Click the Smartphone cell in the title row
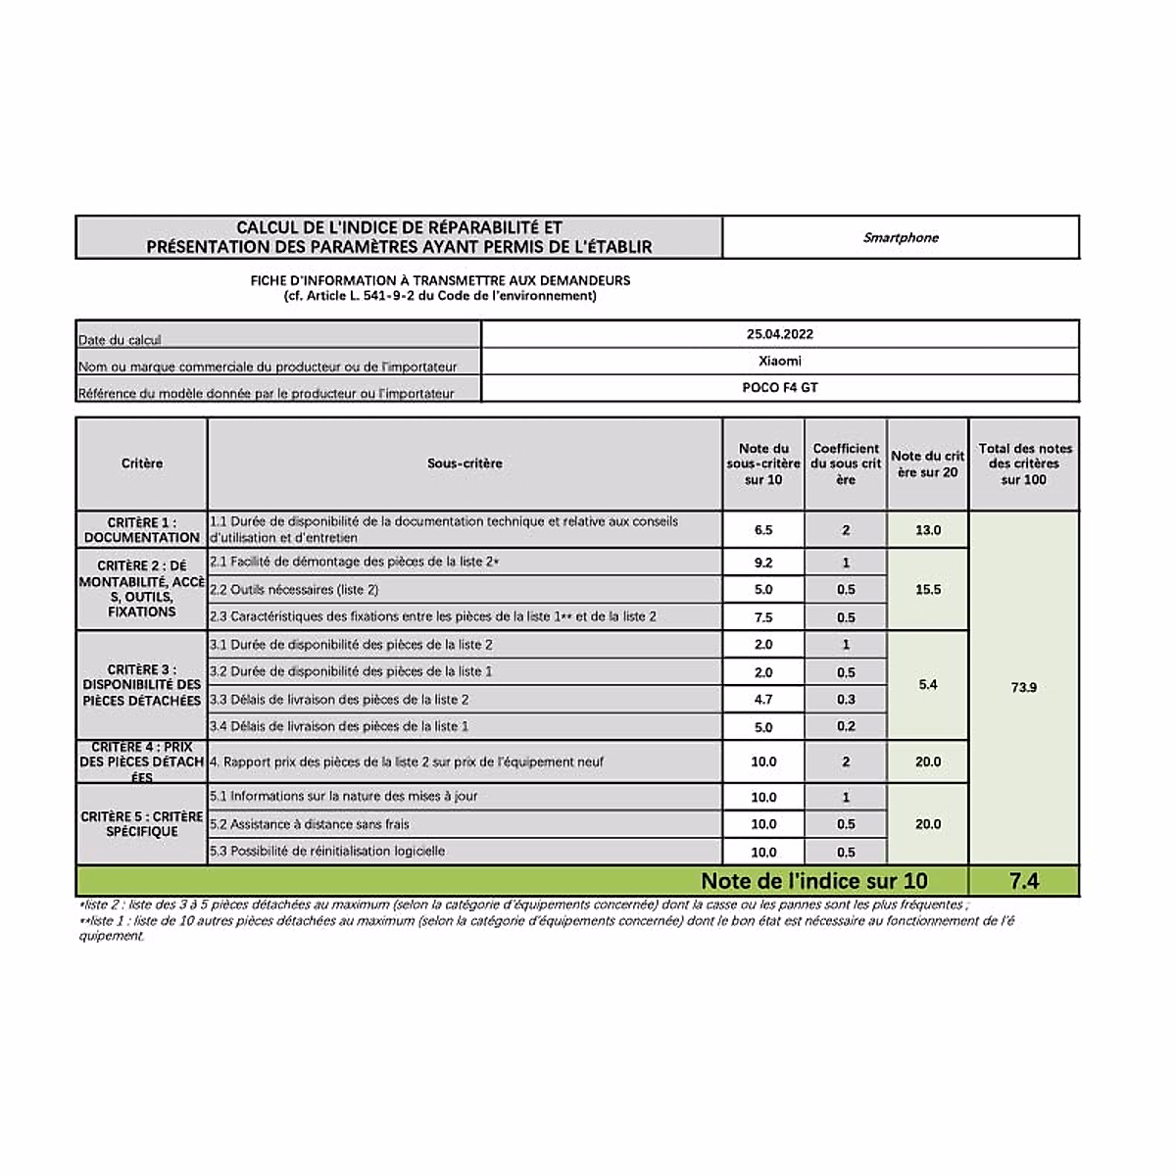coord(901,238)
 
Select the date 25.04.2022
coord(780,334)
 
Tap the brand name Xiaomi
coord(780,361)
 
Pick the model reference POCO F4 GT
coord(780,387)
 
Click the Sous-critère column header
coord(465,464)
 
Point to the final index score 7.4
coord(1023,881)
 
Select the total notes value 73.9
coord(1023,688)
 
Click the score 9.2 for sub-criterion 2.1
coord(763,563)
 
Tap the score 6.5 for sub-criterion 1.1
coord(763,530)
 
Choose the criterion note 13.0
coord(927,530)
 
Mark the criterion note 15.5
coord(927,590)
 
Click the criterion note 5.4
coord(927,684)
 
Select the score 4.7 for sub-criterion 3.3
coord(763,700)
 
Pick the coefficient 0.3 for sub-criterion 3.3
coord(846,700)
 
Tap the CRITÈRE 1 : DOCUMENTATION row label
coord(142,530)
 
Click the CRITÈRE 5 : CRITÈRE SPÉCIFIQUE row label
coord(142,824)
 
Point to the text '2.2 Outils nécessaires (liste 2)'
coord(294,590)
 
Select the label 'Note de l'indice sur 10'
coord(813,881)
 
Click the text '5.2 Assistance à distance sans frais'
coord(310,824)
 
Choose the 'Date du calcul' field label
coord(120,340)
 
